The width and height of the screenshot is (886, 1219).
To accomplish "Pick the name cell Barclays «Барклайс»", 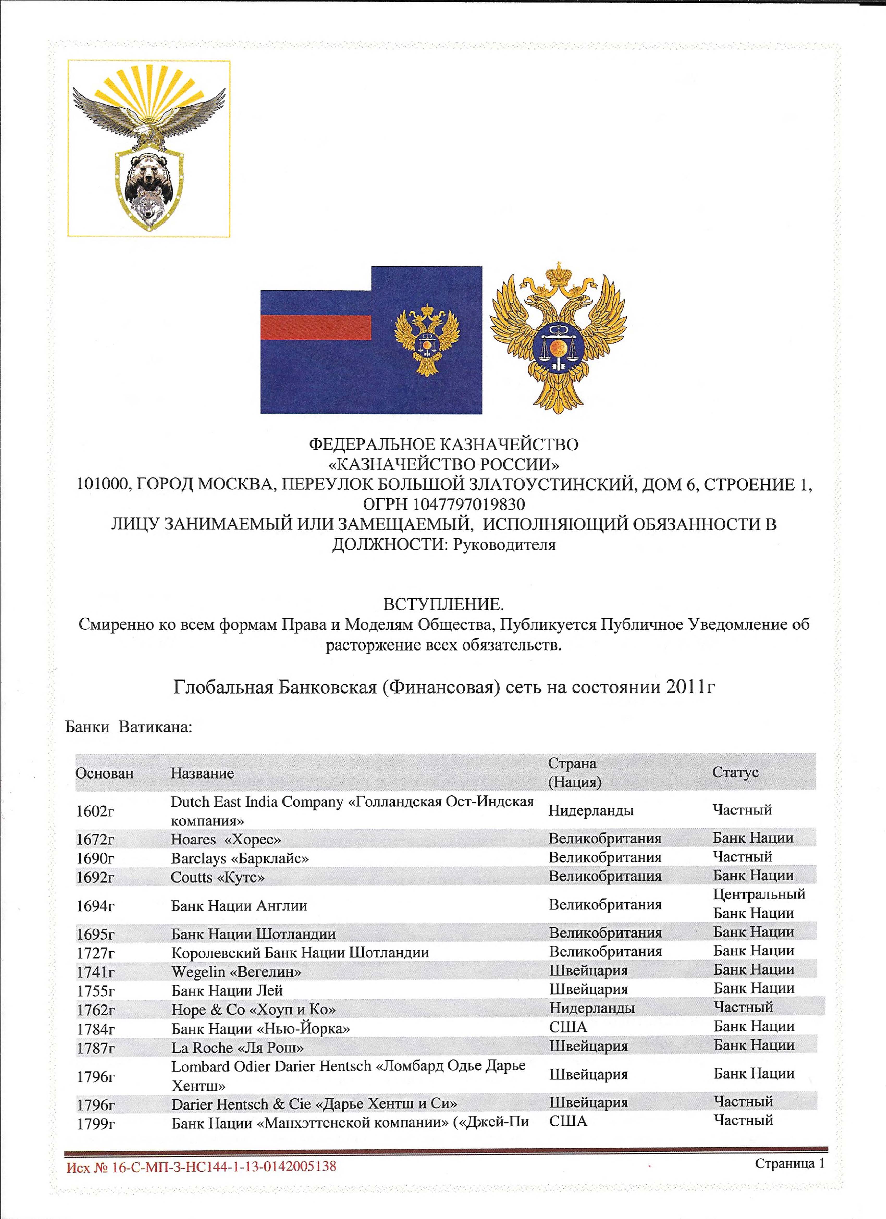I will pos(240,858).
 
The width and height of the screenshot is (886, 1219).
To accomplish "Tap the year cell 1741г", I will pos(96,972).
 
